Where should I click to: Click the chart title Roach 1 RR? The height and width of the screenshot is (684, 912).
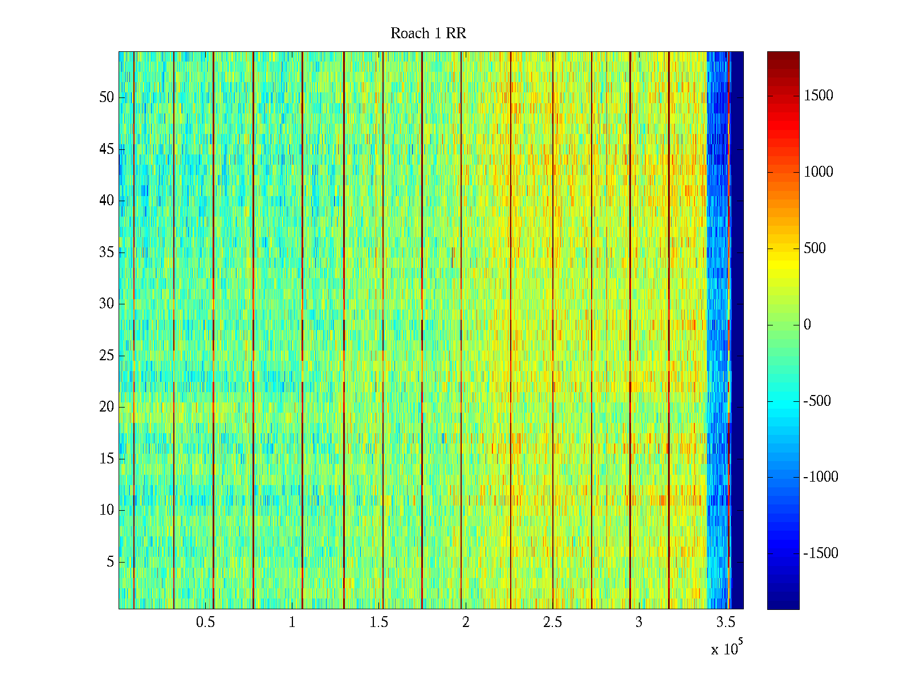[x=428, y=34]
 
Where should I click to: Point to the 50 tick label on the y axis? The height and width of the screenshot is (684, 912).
[x=107, y=97]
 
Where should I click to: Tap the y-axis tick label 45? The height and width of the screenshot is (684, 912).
[x=107, y=149]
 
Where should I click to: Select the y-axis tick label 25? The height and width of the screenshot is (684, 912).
[x=107, y=356]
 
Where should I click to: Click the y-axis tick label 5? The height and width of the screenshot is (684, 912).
[x=110, y=562]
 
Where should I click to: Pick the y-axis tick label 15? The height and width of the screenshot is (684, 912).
[x=107, y=459]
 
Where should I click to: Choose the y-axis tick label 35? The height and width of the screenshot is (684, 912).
[x=107, y=253]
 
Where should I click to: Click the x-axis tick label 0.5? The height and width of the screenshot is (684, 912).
[x=205, y=622]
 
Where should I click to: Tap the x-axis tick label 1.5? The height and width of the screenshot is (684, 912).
[x=379, y=622]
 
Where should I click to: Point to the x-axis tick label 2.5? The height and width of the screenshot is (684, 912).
[x=552, y=622]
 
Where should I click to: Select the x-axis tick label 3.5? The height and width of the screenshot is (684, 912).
[x=726, y=622]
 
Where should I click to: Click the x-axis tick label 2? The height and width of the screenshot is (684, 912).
[x=466, y=622]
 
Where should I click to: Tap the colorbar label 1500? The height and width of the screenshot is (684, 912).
[x=819, y=96]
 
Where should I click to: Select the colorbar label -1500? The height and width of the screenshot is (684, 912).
[x=821, y=553]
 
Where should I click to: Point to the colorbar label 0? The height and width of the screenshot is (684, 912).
[x=807, y=325]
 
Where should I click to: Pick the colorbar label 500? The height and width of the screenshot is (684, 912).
[x=815, y=249]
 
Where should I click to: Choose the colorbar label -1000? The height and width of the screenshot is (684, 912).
[x=821, y=477]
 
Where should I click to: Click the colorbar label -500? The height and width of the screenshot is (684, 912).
[x=817, y=401]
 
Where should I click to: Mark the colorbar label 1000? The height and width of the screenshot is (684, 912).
[x=819, y=172]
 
